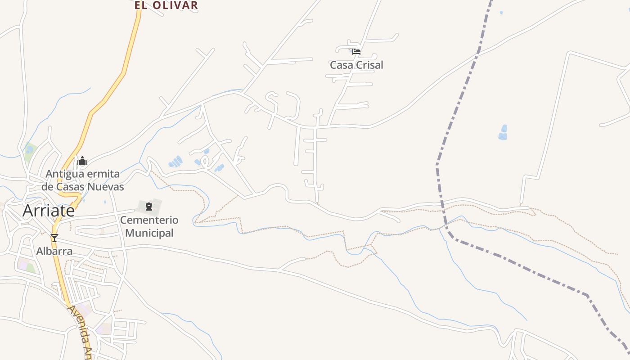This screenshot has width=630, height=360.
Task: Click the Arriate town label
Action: point(49,211)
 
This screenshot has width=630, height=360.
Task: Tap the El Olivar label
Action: point(166,5)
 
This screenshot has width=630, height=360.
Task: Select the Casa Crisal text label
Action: point(356,65)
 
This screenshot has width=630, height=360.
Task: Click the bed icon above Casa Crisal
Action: point(356,51)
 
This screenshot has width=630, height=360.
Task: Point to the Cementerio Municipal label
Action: point(149,226)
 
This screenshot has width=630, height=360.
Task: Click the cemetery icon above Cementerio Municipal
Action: point(149,207)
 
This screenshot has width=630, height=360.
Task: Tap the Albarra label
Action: point(54,251)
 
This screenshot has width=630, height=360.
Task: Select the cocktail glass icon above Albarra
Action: point(54,238)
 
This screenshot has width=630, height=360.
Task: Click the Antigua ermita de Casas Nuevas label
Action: point(83,180)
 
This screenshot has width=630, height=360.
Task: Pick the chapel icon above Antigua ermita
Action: point(82,161)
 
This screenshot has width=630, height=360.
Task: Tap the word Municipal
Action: point(149,233)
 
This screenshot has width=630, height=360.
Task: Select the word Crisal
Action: point(369,65)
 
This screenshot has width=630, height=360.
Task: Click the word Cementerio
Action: point(149,220)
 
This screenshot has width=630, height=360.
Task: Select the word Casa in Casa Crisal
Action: point(341,65)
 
